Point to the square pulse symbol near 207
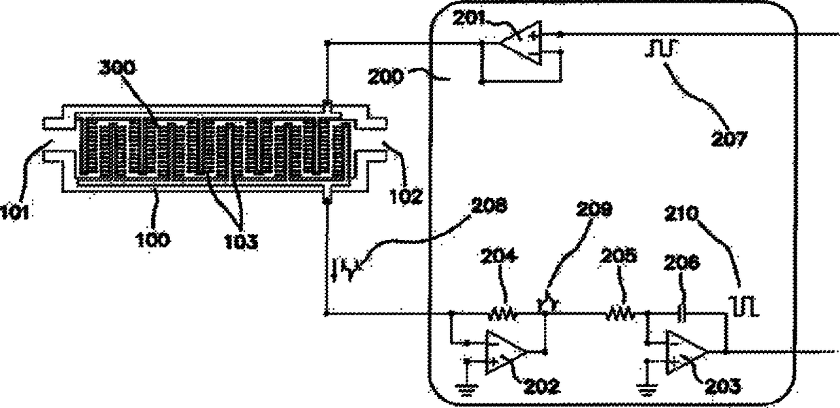655,49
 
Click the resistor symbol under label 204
504,313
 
